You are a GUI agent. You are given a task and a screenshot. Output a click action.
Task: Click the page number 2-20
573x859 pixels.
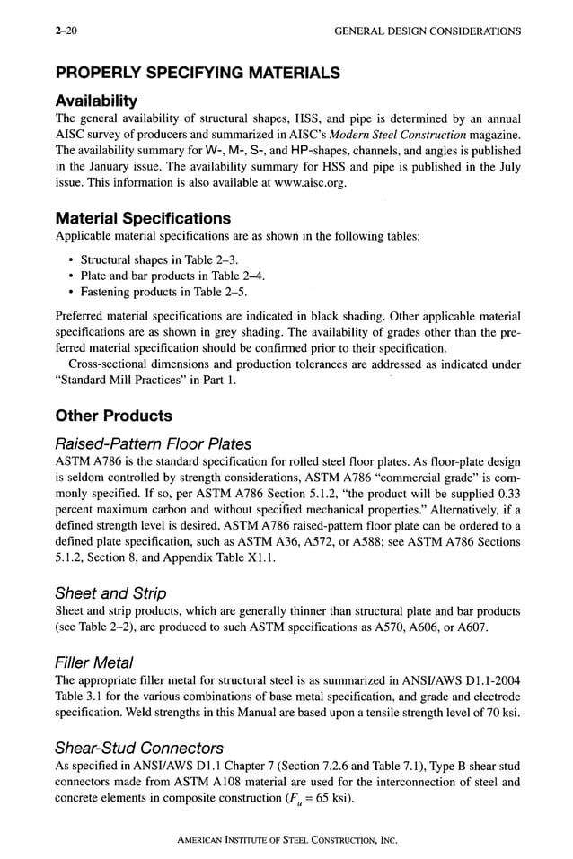tap(66, 31)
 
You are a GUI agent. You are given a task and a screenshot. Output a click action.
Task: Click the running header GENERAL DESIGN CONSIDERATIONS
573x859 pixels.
tap(427, 31)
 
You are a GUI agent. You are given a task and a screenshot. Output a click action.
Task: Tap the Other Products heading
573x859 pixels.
tap(113, 416)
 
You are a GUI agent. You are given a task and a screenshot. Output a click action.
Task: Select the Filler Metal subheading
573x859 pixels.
tap(94, 662)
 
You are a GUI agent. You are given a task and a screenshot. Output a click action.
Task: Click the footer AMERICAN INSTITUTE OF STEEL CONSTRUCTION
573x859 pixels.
tap(286, 841)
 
